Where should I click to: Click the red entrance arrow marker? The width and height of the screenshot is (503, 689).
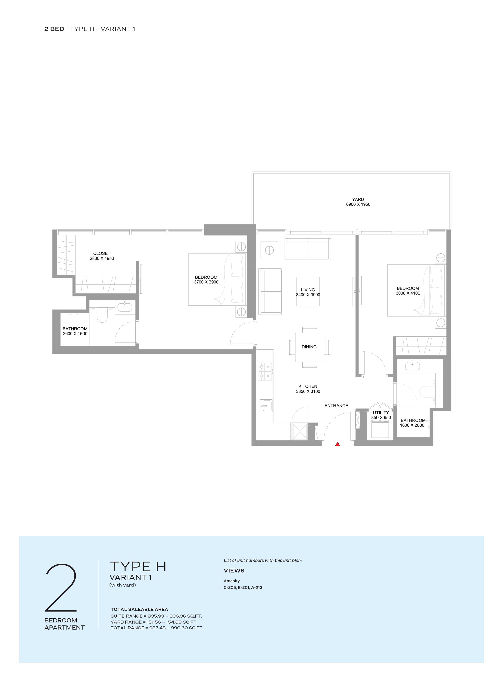point(337,444)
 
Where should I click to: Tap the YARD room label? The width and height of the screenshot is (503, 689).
point(358,200)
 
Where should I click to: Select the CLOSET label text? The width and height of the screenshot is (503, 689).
point(102,253)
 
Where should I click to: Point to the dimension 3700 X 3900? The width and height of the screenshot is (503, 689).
point(206,282)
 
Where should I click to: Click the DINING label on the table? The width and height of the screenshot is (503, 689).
point(309,347)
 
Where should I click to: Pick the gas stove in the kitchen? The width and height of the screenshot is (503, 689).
point(265,371)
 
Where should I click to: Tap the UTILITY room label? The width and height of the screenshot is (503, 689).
point(381,413)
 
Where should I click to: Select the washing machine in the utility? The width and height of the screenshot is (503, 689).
point(381,429)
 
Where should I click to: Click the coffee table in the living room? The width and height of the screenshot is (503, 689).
point(308,291)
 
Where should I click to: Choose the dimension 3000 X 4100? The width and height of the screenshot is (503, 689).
point(408,293)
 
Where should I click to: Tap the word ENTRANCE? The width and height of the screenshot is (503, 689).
point(336,406)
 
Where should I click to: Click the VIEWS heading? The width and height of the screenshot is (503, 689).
point(234,571)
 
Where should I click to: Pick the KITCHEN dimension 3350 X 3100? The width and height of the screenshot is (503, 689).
point(308,391)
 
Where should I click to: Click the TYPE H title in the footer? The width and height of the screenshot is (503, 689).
point(138,567)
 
